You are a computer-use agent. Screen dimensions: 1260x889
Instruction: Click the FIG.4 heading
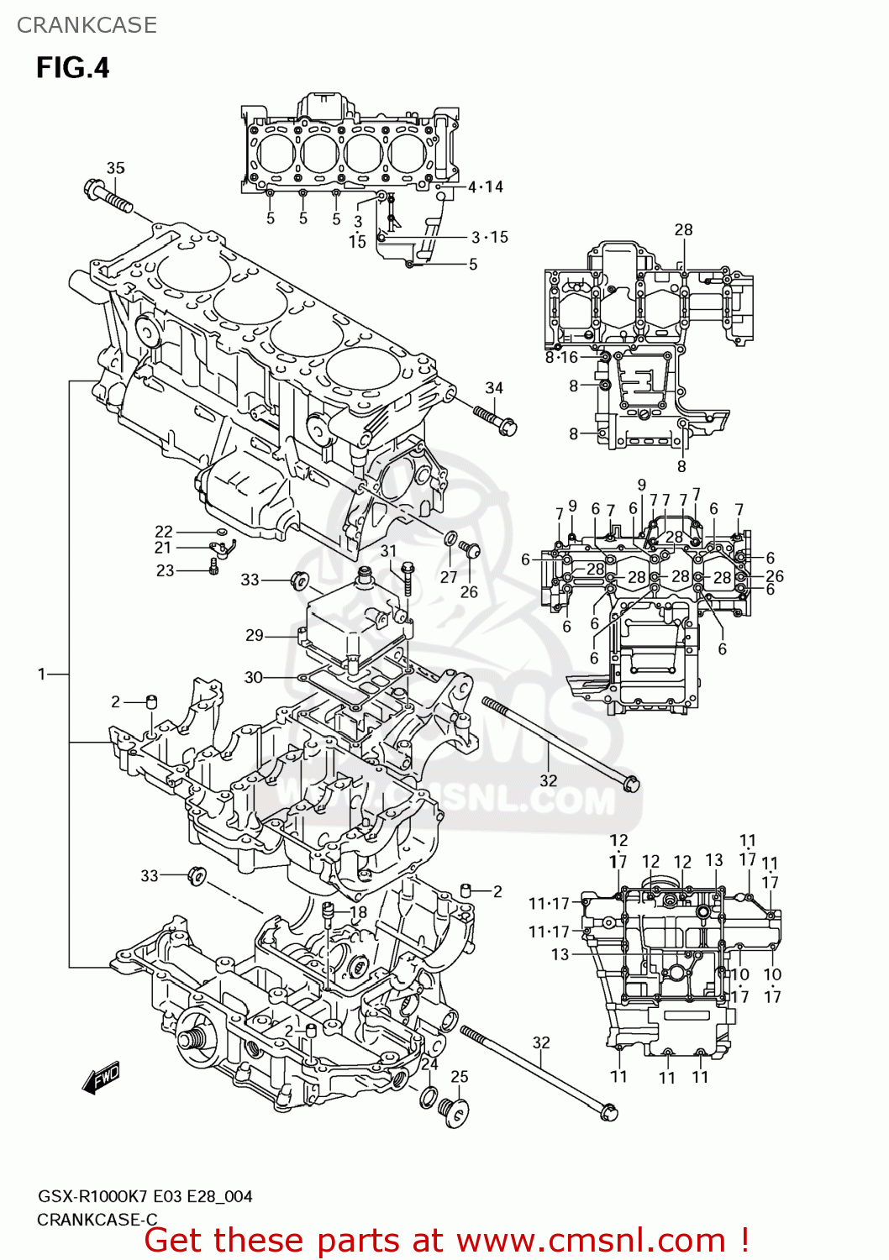(x=72, y=67)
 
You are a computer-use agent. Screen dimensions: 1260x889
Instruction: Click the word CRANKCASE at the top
(x=87, y=25)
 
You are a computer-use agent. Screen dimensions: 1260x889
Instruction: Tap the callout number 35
(x=115, y=168)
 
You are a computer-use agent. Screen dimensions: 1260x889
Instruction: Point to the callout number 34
(x=494, y=388)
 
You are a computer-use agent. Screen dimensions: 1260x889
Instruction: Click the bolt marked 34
(x=495, y=419)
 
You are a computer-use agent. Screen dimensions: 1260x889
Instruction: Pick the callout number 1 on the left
(x=42, y=674)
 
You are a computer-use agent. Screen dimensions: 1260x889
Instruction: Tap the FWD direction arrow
(x=101, y=1078)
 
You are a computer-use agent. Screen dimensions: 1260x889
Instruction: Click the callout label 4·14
(x=485, y=187)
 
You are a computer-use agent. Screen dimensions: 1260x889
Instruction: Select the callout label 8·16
(x=561, y=357)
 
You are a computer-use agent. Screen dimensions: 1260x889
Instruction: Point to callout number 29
(x=255, y=635)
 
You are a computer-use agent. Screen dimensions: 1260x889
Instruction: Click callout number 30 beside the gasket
(x=253, y=677)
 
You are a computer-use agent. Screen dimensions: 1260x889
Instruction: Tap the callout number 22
(x=164, y=532)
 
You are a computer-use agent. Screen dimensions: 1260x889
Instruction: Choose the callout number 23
(x=166, y=570)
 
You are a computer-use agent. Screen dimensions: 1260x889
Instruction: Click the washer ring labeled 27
(x=451, y=538)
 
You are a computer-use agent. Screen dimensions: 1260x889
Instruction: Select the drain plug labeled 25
(x=455, y=1112)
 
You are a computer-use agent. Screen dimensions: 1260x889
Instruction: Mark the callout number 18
(x=358, y=912)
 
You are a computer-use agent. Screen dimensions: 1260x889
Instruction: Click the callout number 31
(x=388, y=551)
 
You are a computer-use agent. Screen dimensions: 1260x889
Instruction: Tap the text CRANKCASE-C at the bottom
(x=97, y=1220)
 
